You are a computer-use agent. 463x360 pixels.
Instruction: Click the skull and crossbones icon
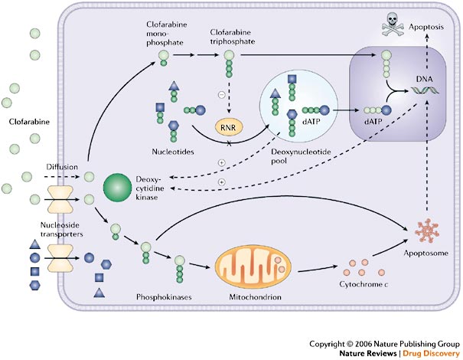click(393, 25)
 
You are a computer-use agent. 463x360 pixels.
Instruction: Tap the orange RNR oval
click(229, 127)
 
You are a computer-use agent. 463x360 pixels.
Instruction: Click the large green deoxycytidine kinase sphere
click(117, 188)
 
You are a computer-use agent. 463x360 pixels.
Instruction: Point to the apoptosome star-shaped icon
click(427, 231)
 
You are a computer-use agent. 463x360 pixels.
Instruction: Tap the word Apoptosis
click(426, 27)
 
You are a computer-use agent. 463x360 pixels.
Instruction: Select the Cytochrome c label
click(364, 284)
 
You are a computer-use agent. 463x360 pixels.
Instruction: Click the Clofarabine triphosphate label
click(233, 37)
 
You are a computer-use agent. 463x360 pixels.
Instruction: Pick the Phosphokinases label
click(164, 297)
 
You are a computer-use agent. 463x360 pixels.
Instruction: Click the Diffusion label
click(62, 167)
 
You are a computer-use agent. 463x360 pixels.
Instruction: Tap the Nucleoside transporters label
click(61, 230)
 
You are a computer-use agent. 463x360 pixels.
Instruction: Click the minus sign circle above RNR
click(221, 94)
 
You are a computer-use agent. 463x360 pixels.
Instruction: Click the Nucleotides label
click(173, 152)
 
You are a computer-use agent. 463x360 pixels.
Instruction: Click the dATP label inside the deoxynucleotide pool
click(311, 121)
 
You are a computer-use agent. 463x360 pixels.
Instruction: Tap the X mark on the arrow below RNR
click(229, 144)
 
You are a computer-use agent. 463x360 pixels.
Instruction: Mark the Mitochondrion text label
click(255, 297)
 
